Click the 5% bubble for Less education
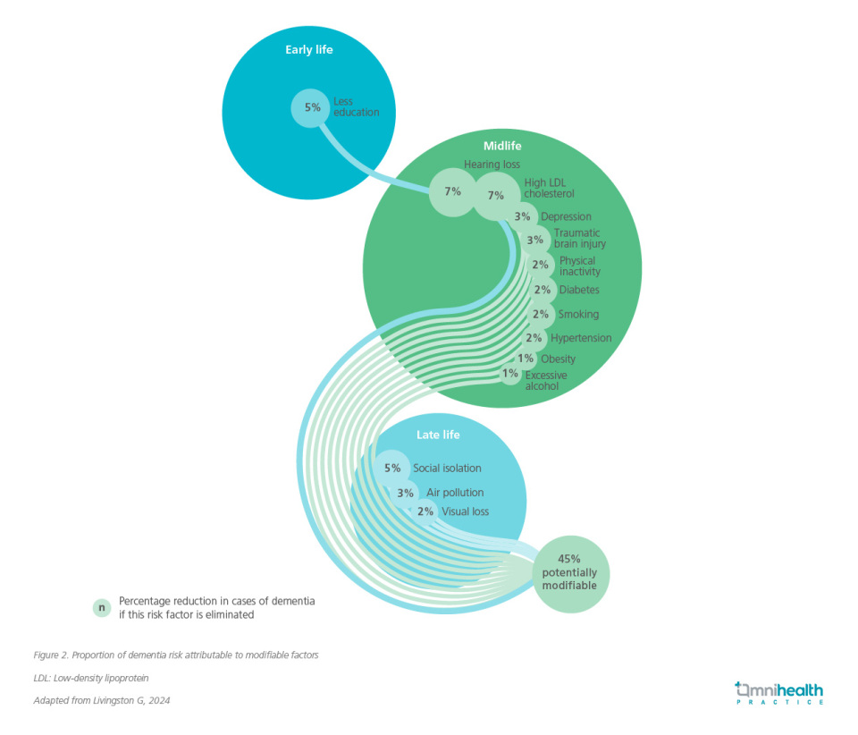[x=312, y=107]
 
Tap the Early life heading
[x=309, y=50]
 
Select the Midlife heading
[x=502, y=146]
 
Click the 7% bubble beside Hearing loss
[x=452, y=191]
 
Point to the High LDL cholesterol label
[x=549, y=188]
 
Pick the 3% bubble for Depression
[x=523, y=216]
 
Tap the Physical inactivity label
[x=579, y=266]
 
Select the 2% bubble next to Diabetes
[x=541, y=290]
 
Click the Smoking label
[x=578, y=315]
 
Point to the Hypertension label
[x=581, y=338]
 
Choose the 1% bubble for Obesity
[x=525, y=359]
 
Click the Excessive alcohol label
[x=545, y=381]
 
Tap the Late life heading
[x=438, y=435]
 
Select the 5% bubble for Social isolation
[x=392, y=468]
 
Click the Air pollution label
[x=454, y=493]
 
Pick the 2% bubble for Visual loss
[x=425, y=511]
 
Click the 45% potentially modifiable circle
[x=570, y=573]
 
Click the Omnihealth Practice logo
[x=778, y=693]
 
